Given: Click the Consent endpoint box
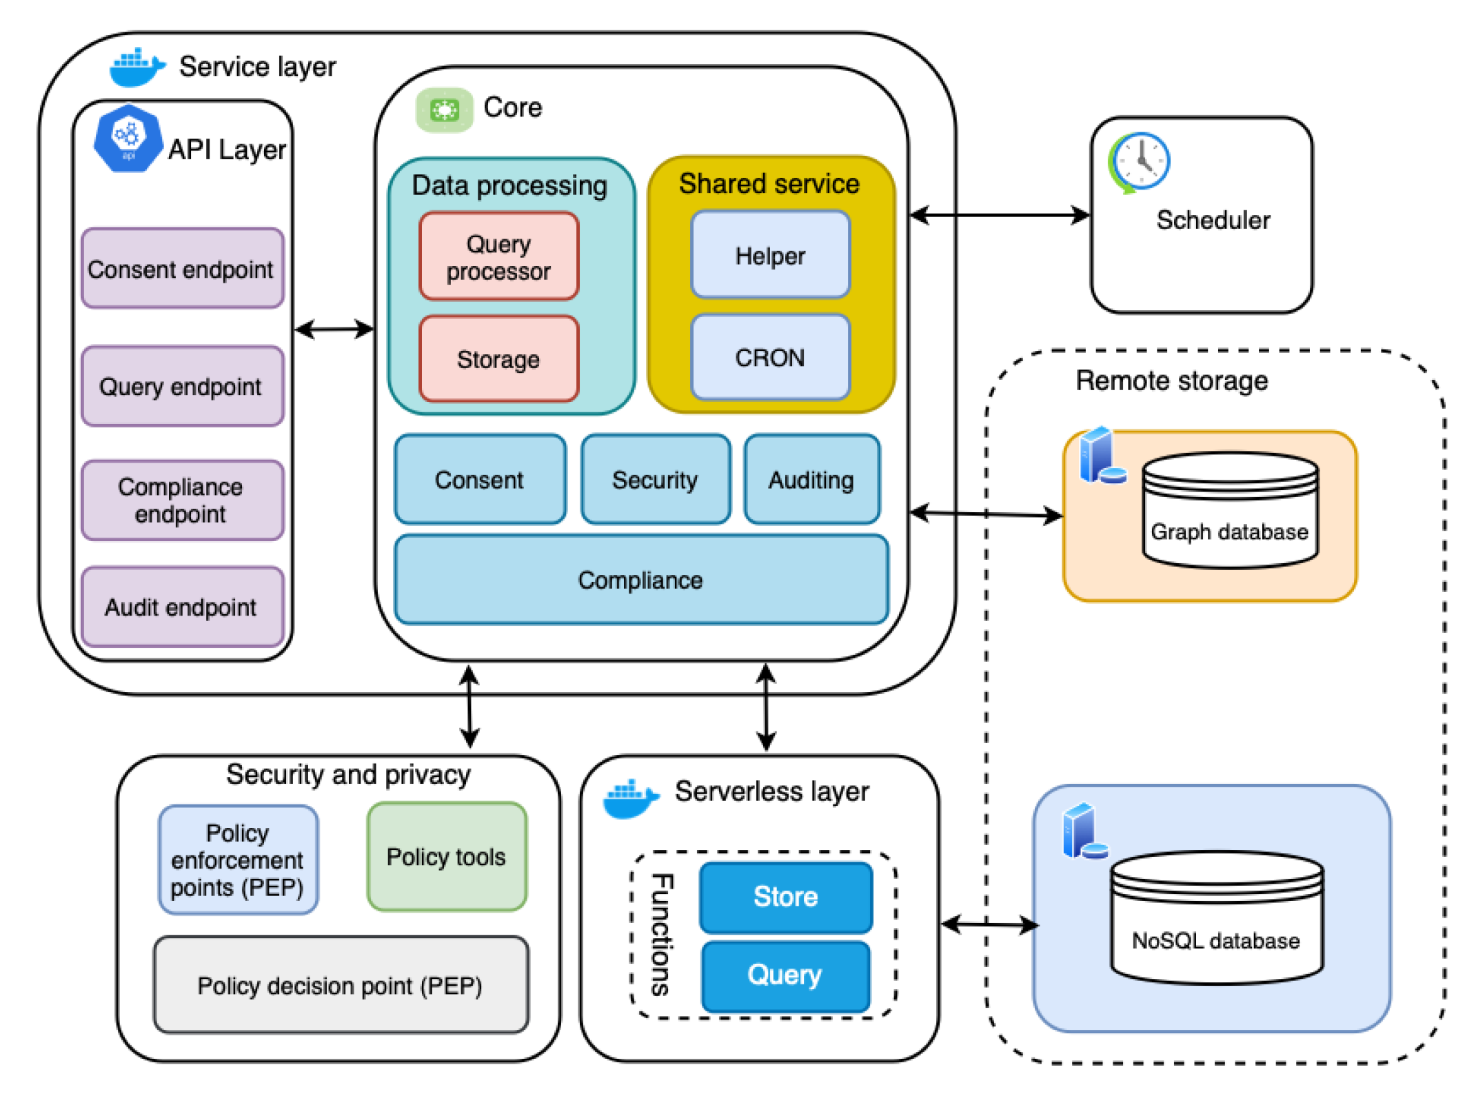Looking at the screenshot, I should [x=182, y=268].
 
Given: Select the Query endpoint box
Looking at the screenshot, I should [x=182, y=386].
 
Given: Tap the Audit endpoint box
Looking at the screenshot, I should [x=182, y=607].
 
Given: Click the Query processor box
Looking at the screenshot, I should [x=498, y=256].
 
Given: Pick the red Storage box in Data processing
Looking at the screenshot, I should [x=498, y=358].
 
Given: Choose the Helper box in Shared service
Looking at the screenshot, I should [x=770, y=255].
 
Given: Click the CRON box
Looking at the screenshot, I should [x=770, y=357].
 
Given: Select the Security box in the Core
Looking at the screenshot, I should [x=655, y=479].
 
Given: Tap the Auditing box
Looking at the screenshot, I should [x=811, y=479].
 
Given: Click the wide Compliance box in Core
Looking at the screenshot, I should [x=640, y=580].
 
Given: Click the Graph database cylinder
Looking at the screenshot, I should [x=1230, y=511].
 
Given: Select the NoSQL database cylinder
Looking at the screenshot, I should [x=1216, y=916].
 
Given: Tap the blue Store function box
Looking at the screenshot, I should [x=786, y=896].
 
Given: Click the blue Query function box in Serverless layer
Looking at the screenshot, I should [x=785, y=975].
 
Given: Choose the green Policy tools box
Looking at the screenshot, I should [x=447, y=856].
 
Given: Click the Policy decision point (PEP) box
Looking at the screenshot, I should [x=341, y=984].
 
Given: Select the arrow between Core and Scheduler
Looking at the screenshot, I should [x=1000, y=215].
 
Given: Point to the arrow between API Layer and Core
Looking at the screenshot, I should [x=334, y=329].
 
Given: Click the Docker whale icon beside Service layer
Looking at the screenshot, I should [x=137, y=67].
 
